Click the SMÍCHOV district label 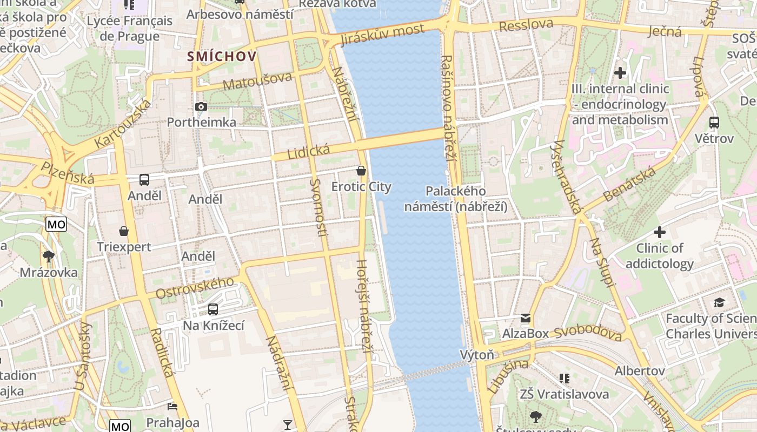pyautogui.click(x=222, y=56)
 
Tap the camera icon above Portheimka pyautogui.click(x=201, y=107)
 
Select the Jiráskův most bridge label pyautogui.click(x=382, y=35)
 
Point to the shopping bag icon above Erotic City pyautogui.click(x=361, y=171)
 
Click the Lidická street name pyautogui.click(x=308, y=151)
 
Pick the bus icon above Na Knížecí pyautogui.click(x=213, y=309)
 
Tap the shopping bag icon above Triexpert pyautogui.click(x=124, y=231)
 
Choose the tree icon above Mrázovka pyautogui.click(x=49, y=256)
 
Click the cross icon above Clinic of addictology pyautogui.click(x=659, y=233)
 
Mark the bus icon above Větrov pyautogui.click(x=714, y=123)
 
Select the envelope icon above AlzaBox pyautogui.click(x=526, y=318)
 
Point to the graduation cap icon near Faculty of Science pyautogui.click(x=719, y=302)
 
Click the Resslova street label pyautogui.click(x=526, y=25)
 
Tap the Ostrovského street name pyautogui.click(x=195, y=288)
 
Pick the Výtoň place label pyautogui.click(x=477, y=355)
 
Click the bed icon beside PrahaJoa pyautogui.click(x=172, y=406)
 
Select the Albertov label pyautogui.click(x=639, y=371)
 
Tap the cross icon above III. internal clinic pyautogui.click(x=620, y=72)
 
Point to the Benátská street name pyautogui.click(x=630, y=185)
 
